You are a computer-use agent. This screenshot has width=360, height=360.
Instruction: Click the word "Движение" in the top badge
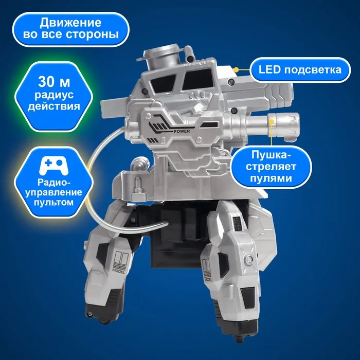pos(70,23)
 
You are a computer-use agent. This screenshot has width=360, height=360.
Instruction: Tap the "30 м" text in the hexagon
pos(54,81)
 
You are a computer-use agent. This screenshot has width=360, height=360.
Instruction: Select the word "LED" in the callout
pos(269,70)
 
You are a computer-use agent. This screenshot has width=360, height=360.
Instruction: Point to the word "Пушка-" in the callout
pos(271,155)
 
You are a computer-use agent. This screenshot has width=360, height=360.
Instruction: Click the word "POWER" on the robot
pos(182,131)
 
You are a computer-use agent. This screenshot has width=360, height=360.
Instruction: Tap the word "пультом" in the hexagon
pos(53,203)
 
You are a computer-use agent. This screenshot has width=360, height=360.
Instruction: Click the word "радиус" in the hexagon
pos(54,95)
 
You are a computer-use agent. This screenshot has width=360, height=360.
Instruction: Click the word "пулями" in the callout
pos(271,178)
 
